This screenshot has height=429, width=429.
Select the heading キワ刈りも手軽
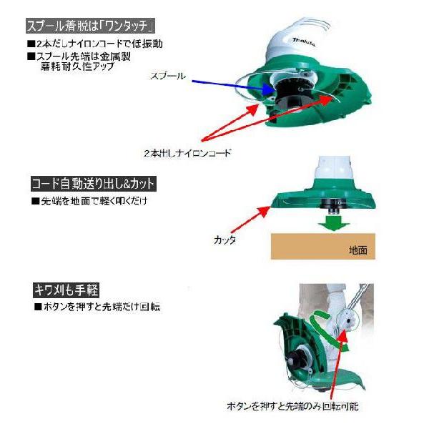tap(65, 290)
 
